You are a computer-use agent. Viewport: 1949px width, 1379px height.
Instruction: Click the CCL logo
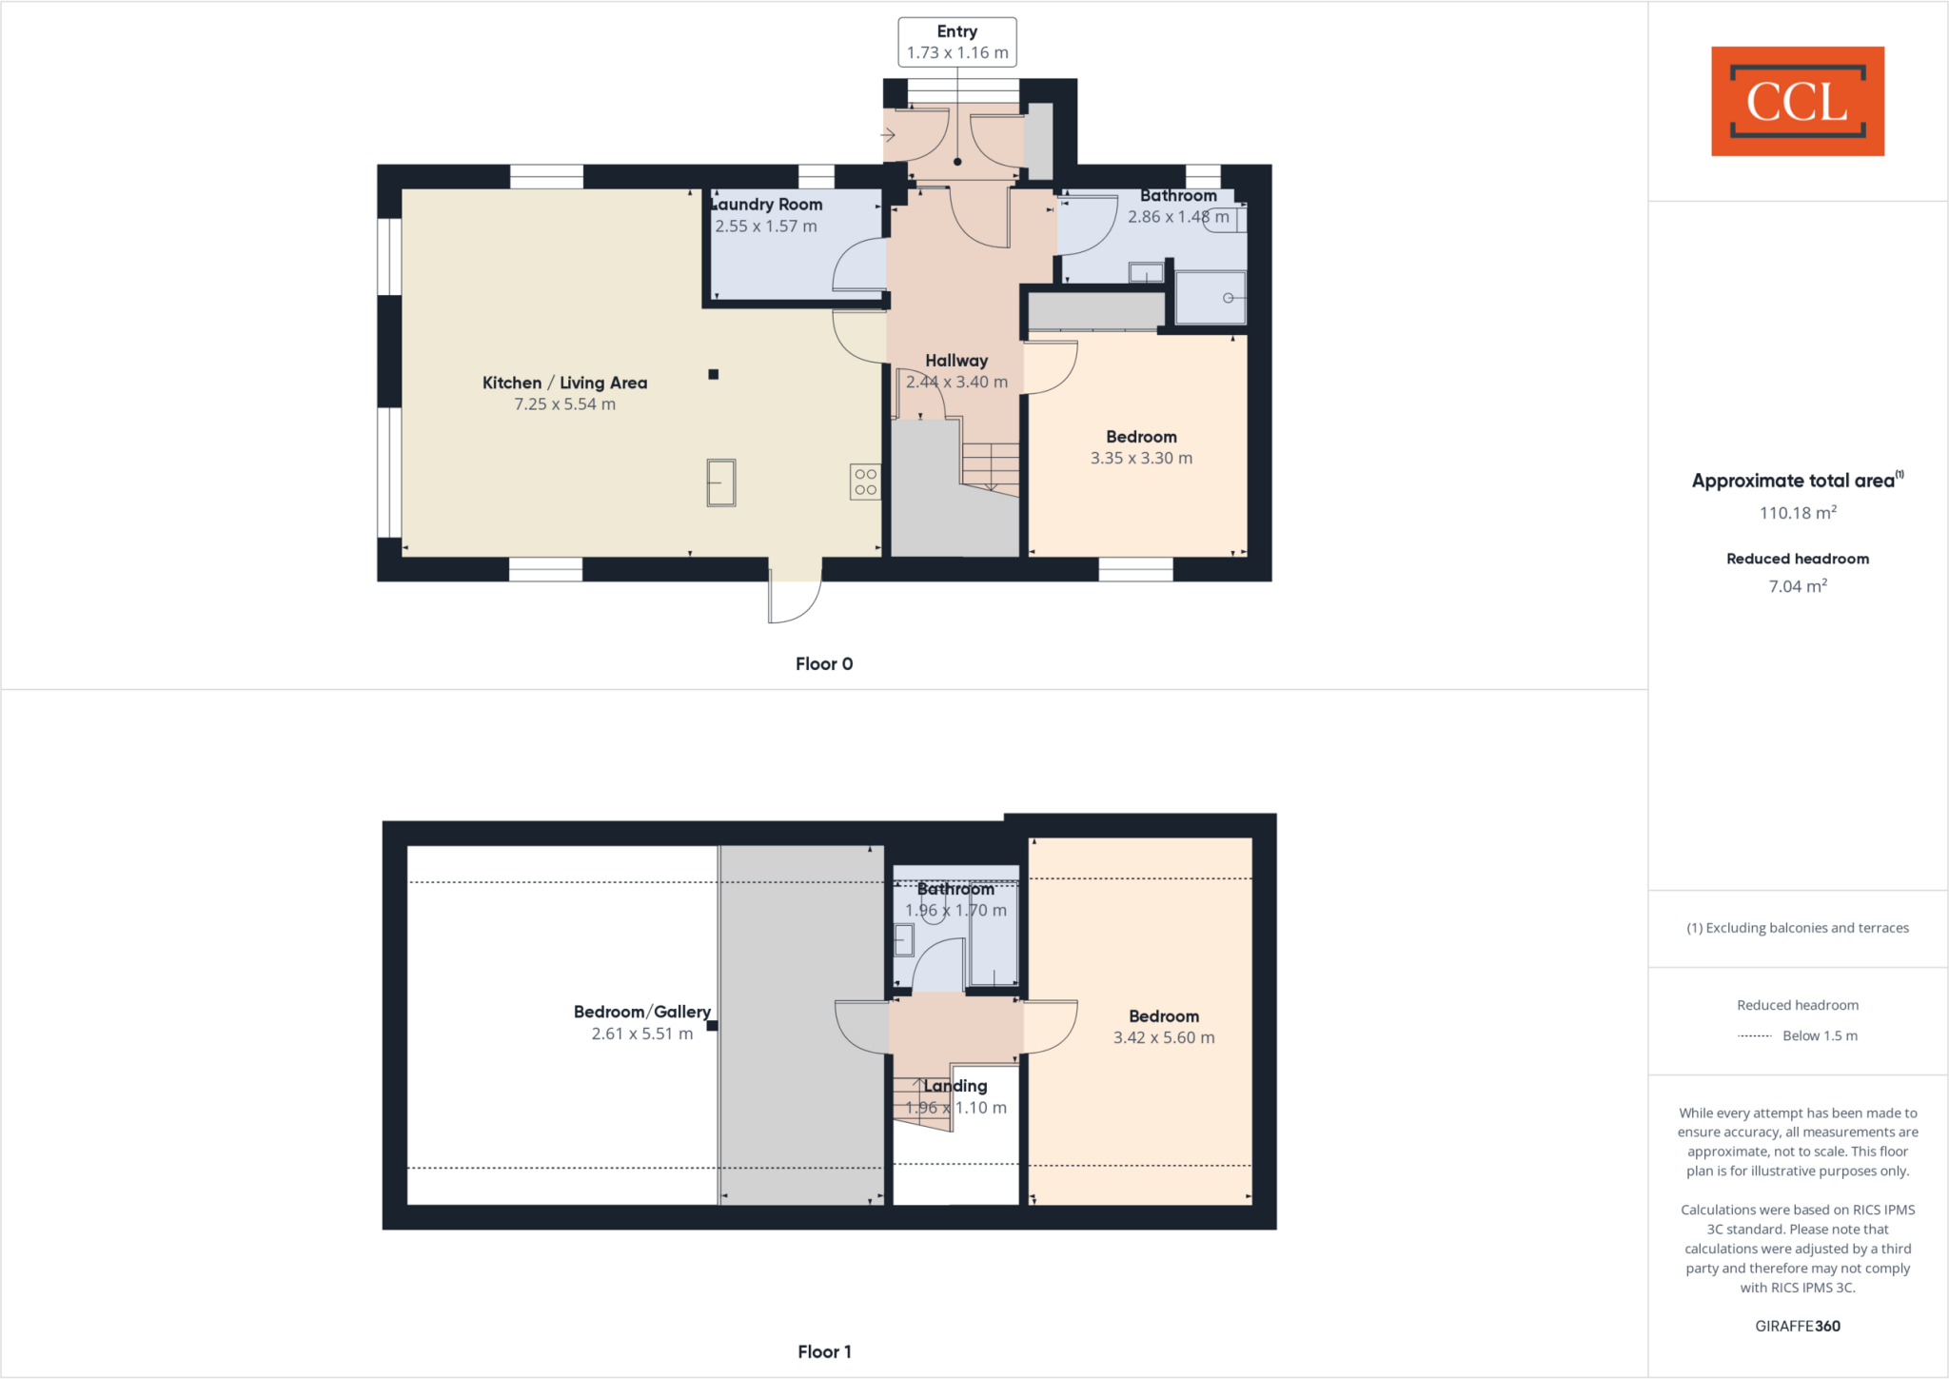click(x=1797, y=101)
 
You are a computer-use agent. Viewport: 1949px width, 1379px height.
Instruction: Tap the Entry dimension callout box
click(x=956, y=42)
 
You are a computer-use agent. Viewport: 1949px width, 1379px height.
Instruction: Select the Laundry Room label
click(x=767, y=205)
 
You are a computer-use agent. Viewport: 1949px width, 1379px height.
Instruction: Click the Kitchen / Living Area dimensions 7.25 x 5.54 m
click(x=564, y=404)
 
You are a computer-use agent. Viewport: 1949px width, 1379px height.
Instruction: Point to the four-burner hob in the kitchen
click(x=865, y=482)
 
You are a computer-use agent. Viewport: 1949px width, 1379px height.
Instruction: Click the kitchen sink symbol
click(x=721, y=483)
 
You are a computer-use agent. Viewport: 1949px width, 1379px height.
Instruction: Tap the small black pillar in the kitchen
click(x=714, y=374)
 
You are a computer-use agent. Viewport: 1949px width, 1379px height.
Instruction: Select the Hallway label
click(x=956, y=361)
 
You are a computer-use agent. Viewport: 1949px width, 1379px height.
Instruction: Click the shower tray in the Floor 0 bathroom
click(x=1210, y=298)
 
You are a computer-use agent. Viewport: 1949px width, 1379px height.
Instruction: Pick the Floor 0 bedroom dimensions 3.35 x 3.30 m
click(x=1141, y=459)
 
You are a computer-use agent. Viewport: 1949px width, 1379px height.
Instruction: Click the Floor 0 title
click(x=824, y=664)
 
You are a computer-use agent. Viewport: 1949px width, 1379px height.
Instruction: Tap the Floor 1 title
click(x=824, y=1351)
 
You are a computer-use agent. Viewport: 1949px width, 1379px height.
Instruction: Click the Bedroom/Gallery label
click(x=641, y=1012)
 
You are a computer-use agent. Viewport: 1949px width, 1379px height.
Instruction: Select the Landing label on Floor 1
click(x=955, y=1086)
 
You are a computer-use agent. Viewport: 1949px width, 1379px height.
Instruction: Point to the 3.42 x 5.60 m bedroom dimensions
click(x=1164, y=1038)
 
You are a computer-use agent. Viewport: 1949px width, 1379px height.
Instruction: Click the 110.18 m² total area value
click(x=1797, y=513)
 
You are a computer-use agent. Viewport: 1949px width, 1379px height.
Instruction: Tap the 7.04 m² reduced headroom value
click(x=1797, y=586)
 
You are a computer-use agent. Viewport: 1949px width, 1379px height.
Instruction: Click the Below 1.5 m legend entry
click(x=1819, y=1035)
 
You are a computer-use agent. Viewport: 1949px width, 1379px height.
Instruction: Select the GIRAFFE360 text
click(x=1797, y=1326)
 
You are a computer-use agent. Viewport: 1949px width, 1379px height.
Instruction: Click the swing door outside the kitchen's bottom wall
click(x=795, y=600)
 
